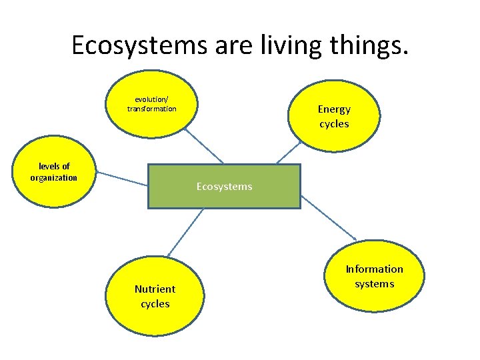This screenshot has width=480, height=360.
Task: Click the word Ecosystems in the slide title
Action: (141, 45)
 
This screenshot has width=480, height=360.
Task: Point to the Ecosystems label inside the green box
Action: (224, 187)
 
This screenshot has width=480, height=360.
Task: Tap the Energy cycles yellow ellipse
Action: (334, 117)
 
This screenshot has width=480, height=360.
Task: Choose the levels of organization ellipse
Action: (54, 171)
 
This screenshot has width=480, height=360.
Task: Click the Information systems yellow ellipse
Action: (375, 277)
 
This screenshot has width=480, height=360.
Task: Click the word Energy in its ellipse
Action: (334, 109)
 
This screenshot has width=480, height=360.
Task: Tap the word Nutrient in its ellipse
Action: (155, 289)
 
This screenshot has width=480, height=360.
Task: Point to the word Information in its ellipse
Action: (375, 269)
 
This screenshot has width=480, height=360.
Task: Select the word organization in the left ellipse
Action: (54, 178)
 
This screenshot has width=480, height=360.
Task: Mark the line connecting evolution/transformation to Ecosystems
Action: (203, 145)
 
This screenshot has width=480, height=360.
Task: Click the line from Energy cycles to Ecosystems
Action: (289, 152)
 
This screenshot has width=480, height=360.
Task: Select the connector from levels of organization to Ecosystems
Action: (121, 178)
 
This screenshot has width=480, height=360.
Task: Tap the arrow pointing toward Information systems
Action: (329, 218)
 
